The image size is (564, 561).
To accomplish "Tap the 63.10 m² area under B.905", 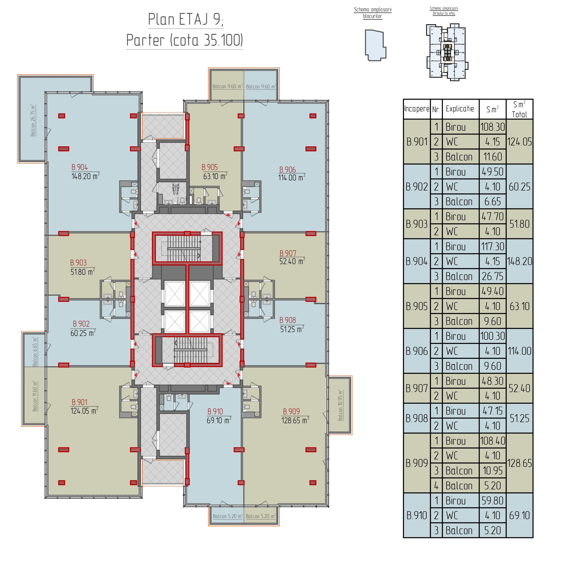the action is pyautogui.click(x=215, y=176).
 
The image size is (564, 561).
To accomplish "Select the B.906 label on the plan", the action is pyautogui.click(x=287, y=170).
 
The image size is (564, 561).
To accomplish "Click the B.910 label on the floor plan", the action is pyautogui.click(x=215, y=412).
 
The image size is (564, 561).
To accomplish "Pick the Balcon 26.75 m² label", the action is pyautogui.click(x=33, y=120).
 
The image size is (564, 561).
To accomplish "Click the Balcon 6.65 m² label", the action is pyautogui.click(x=35, y=352).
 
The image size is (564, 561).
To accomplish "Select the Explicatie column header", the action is pyautogui.click(x=460, y=109).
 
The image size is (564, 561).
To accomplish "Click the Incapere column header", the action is pyautogui.click(x=417, y=109).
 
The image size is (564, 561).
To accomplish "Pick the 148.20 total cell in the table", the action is pyautogui.click(x=520, y=261).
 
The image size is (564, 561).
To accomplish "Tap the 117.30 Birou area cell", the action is pyautogui.click(x=493, y=246).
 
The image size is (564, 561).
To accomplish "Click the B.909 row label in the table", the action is pyautogui.click(x=417, y=463).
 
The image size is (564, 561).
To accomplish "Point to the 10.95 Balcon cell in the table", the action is pyautogui.click(x=493, y=471).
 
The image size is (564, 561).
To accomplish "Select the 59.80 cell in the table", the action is pyautogui.click(x=493, y=501).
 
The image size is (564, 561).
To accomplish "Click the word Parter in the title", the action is pyautogui.click(x=145, y=40).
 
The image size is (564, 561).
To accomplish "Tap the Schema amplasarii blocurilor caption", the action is pyautogui.click(x=373, y=13).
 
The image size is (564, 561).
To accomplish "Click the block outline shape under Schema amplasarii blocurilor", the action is pyautogui.click(x=376, y=45).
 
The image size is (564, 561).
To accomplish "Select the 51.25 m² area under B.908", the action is pyautogui.click(x=292, y=329).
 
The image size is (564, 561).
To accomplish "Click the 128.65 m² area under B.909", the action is pyautogui.click(x=295, y=420).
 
